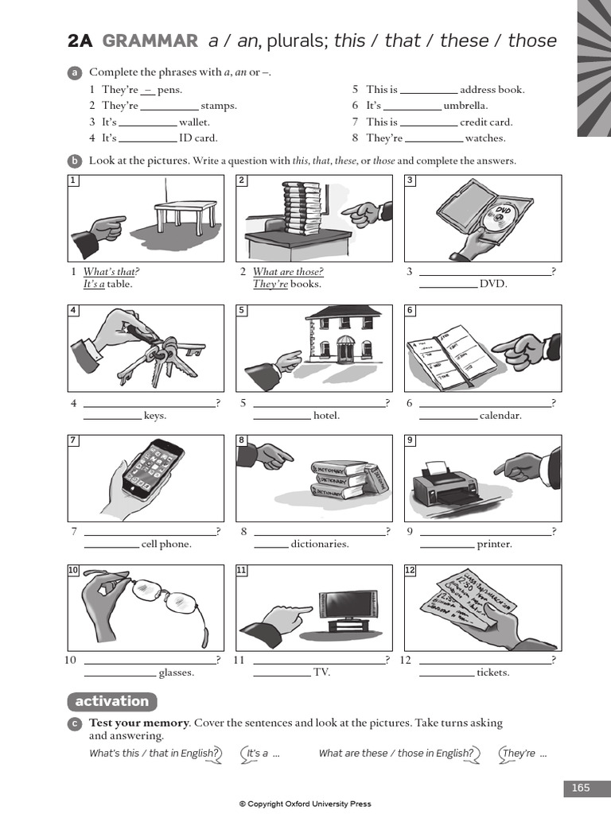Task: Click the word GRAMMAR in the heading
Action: pyautogui.click(x=150, y=41)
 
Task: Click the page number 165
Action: pyautogui.click(x=581, y=788)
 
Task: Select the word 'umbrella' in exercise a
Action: pyautogui.click(x=465, y=106)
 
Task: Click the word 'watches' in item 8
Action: pyautogui.click(x=485, y=138)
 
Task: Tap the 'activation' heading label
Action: pyautogui.click(x=111, y=701)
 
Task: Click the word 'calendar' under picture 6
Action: pyautogui.click(x=500, y=416)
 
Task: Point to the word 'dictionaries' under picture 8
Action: pyautogui.click(x=320, y=545)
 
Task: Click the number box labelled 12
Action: pyautogui.click(x=410, y=570)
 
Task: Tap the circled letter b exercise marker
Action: pyautogui.click(x=75, y=161)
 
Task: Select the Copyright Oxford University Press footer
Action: pyautogui.click(x=305, y=804)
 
